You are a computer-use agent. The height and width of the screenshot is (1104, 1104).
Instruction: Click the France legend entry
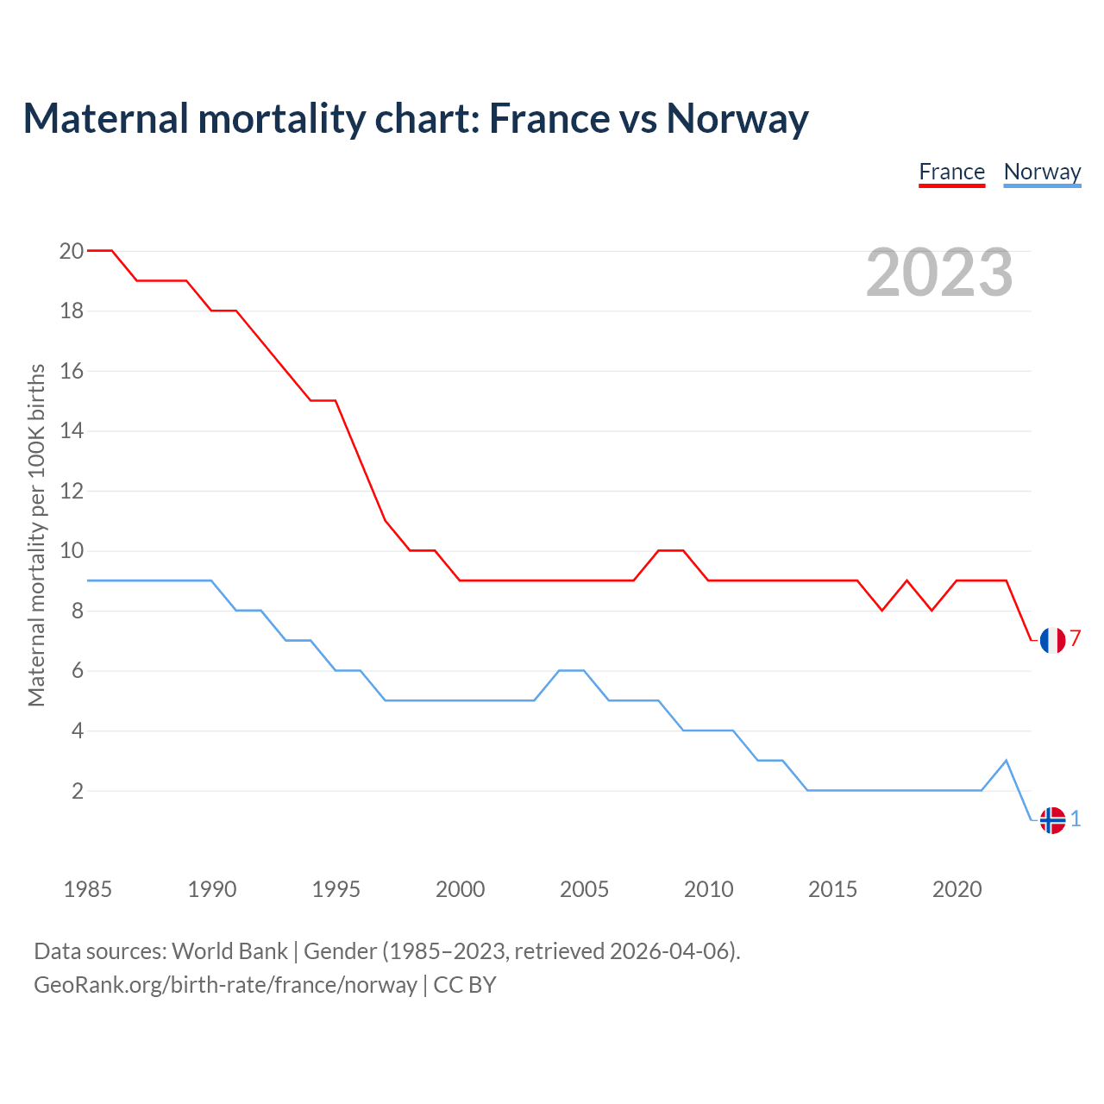click(951, 172)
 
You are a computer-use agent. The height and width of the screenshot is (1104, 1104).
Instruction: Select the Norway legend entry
click(1042, 172)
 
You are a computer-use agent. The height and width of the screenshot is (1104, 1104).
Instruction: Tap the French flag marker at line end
click(1052, 640)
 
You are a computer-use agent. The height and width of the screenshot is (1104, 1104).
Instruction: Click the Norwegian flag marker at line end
click(1052, 820)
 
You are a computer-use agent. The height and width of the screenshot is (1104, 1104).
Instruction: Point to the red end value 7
click(1076, 638)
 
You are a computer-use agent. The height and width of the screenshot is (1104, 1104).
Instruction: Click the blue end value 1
click(1076, 819)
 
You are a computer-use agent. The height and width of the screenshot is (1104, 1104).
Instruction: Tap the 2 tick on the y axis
click(77, 791)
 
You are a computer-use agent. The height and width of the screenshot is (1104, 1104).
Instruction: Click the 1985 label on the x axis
click(87, 889)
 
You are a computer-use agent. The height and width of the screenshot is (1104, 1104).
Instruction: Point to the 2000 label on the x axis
click(460, 889)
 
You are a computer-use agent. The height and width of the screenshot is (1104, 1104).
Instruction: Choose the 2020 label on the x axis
click(957, 889)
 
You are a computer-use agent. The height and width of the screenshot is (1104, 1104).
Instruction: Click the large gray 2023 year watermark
click(939, 273)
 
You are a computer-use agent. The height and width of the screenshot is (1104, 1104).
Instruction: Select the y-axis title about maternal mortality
click(36, 535)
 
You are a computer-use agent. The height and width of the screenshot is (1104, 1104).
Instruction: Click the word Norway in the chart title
click(737, 118)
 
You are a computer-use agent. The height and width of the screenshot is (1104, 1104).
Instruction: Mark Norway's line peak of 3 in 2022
click(1007, 761)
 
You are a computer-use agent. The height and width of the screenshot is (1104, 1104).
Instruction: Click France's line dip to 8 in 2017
click(882, 610)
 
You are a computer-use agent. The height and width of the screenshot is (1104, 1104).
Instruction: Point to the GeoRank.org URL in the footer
click(225, 985)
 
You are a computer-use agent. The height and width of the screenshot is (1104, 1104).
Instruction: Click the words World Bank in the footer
click(229, 951)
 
